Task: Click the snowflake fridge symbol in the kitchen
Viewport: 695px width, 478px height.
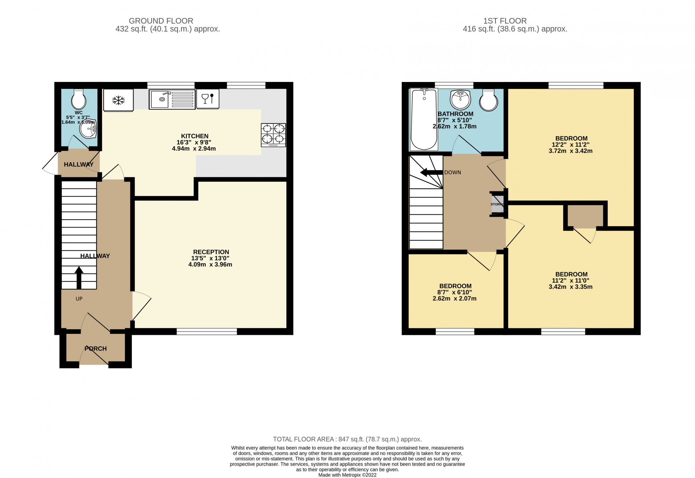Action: click(118, 100)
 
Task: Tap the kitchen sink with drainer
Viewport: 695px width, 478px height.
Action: click(172, 99)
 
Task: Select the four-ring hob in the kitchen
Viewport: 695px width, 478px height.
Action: click(273, 135)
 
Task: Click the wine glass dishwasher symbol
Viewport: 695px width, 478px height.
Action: click(208, 99)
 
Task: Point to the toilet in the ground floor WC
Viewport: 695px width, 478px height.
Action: click(79, 99)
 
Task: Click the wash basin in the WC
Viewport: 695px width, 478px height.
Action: click(88, 129)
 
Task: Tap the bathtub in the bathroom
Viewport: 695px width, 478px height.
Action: click(424, 119)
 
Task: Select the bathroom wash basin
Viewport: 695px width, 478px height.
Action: click(460, 99)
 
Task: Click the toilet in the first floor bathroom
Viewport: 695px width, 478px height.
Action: click(488, 100)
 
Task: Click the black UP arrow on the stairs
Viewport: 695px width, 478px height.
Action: click(79, 277)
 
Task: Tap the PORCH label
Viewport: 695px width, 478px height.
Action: click(96, 348)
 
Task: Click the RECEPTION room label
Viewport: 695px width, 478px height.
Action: click(211, 252)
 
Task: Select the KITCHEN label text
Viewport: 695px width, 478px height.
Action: click(195, 136)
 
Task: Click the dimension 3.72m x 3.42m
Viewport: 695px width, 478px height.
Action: click(571, 151)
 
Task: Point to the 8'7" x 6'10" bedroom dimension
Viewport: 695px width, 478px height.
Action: click(455, 292)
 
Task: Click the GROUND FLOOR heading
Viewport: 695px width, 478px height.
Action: click(161, 21)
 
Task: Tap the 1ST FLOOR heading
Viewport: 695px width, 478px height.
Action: click(505, 21)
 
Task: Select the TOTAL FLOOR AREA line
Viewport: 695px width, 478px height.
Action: click(347, 439)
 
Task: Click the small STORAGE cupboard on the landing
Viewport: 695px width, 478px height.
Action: click(497, 204)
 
